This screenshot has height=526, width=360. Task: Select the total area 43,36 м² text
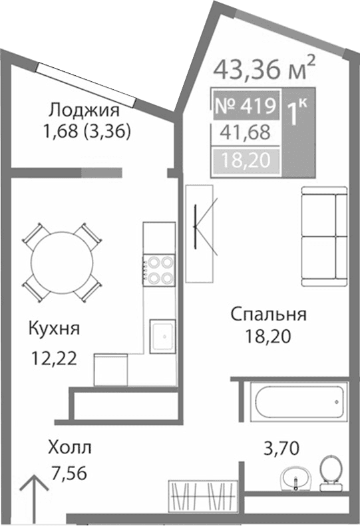coord(264,68)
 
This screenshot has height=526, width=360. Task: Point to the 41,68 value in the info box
coord(246,132)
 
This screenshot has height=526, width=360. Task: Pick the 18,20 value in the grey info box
coord(246,160)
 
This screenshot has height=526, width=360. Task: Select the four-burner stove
coord(158,271)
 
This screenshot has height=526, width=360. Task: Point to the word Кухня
coord(55,328)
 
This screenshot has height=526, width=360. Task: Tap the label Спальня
coord(268,315)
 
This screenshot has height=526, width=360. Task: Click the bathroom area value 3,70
coord(278,448)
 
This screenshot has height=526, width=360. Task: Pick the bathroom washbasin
coord(295,476)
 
